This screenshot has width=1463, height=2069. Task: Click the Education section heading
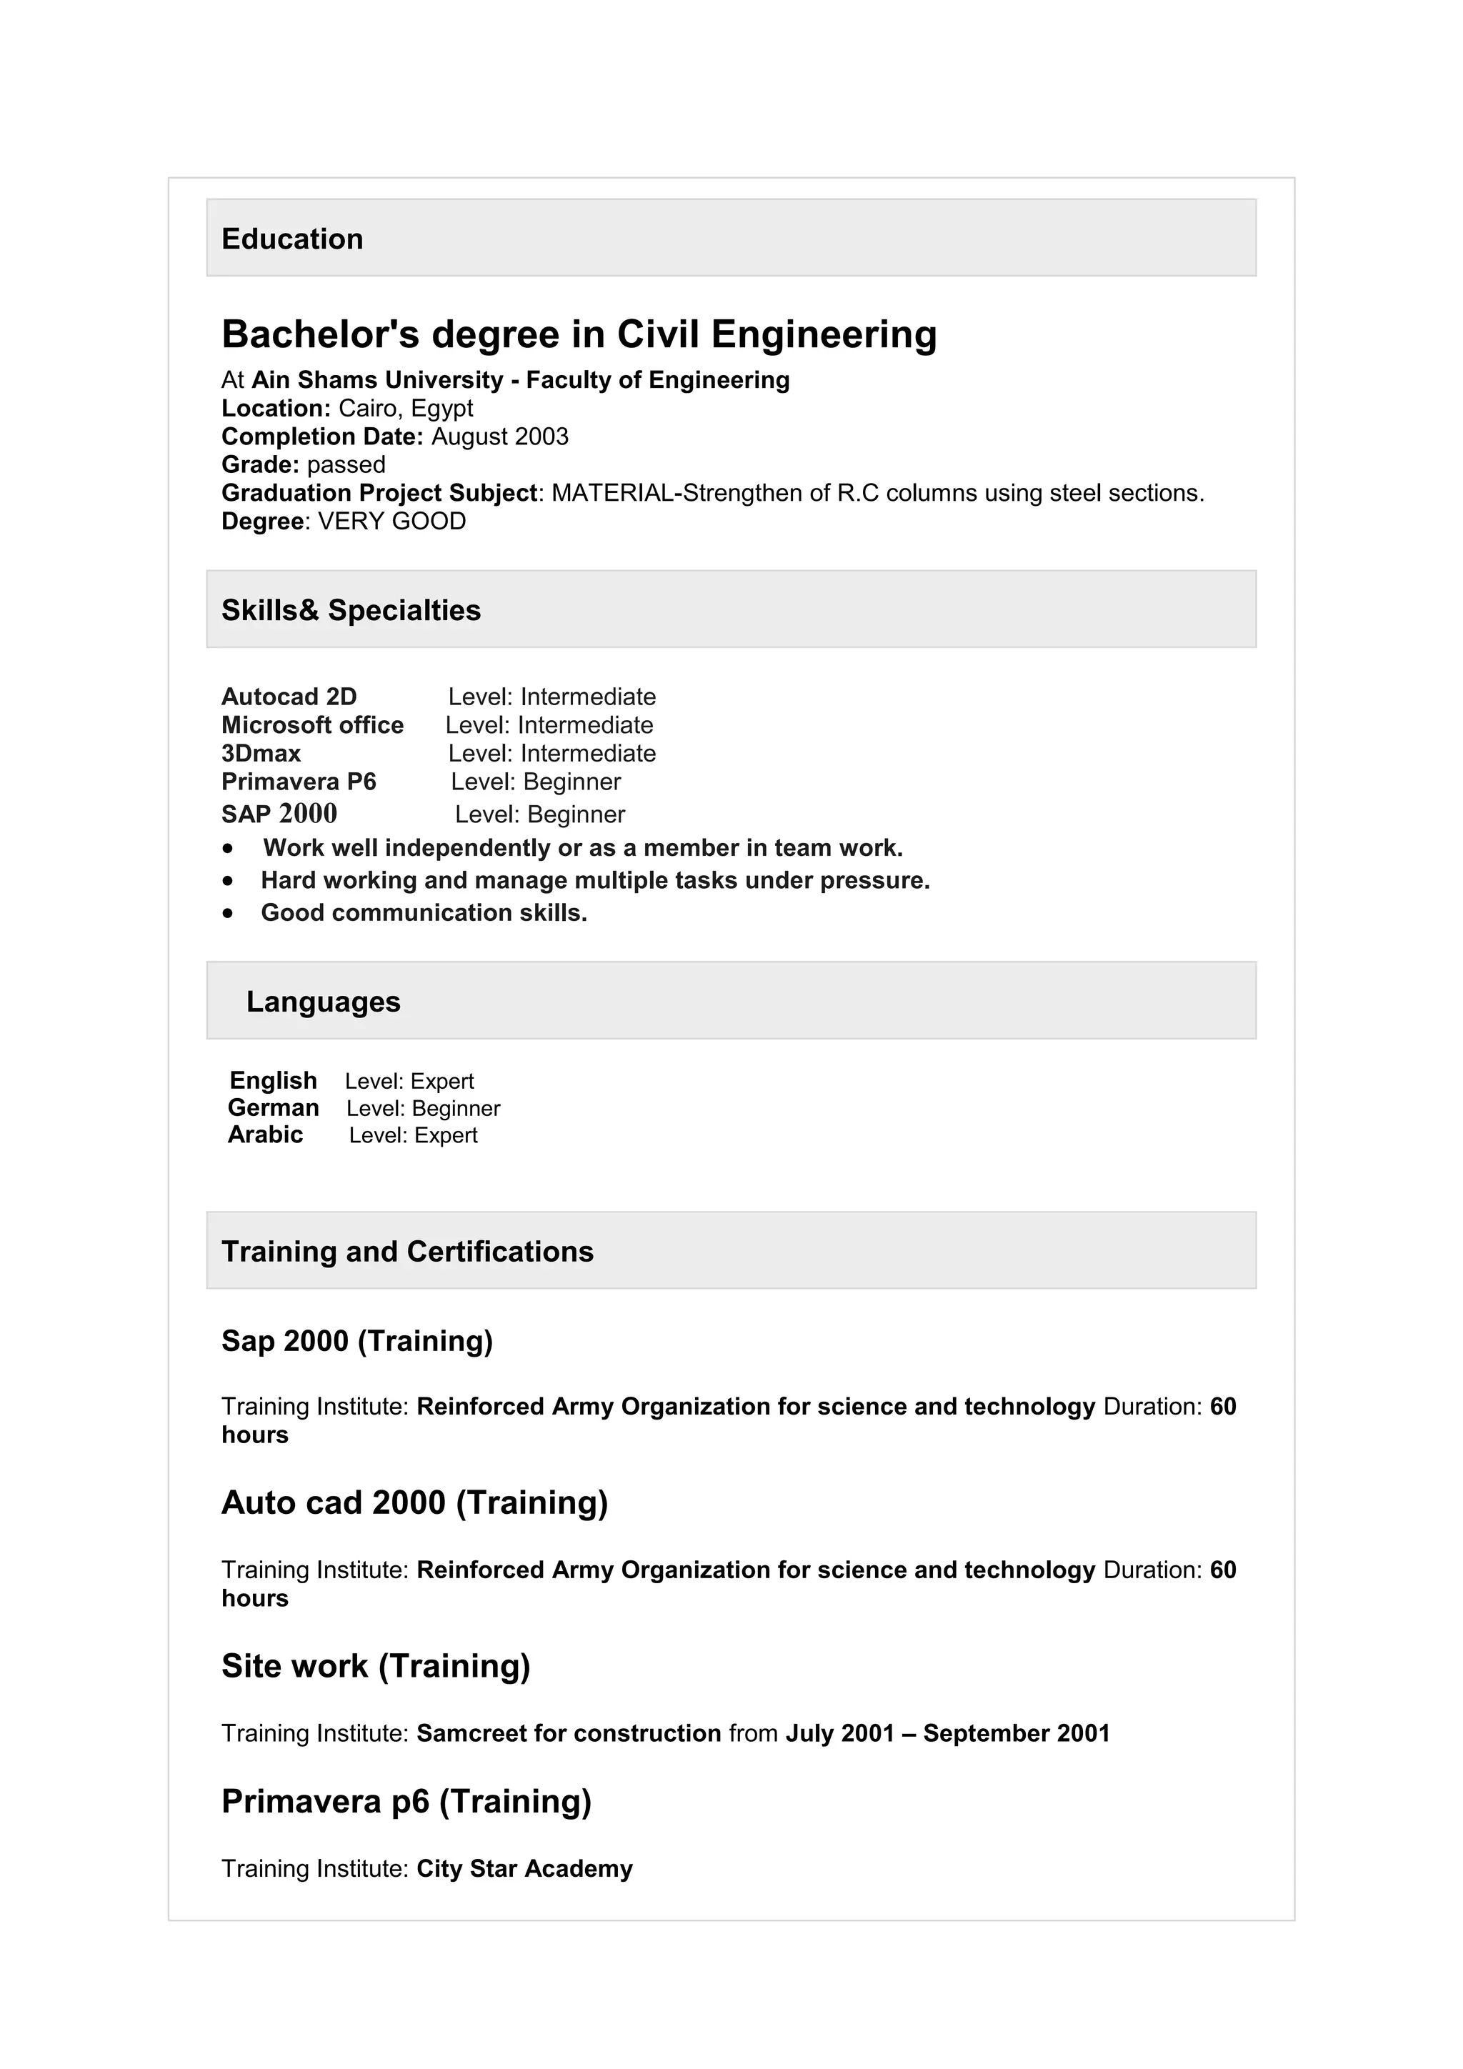[292, 239]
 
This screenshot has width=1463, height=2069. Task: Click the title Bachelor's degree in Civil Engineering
[579, 334]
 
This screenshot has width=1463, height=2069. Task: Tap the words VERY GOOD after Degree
[392, 521]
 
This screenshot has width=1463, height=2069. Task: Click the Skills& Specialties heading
[351, 610]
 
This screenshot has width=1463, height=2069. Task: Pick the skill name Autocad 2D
[289, 697]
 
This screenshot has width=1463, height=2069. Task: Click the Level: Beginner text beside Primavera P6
[535, 782]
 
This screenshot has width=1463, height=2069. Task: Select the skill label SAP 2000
[279, 814]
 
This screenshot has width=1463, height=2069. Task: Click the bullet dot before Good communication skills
[229, 913]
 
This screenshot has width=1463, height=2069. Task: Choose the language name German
[273, 1107]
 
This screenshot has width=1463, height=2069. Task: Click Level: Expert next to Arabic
[413, 1135]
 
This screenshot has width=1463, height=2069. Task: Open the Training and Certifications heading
[407, 1252]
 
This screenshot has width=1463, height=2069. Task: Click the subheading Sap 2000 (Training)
[356, 1341]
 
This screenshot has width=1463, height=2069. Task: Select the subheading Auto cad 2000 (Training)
[414, 1502]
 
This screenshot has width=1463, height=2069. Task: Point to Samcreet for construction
[569, 1733]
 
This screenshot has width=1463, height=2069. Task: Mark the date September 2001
[1017, 1733]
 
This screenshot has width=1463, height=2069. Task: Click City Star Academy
[524, 1868]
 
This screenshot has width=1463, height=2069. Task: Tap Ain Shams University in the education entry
[376, 379]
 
